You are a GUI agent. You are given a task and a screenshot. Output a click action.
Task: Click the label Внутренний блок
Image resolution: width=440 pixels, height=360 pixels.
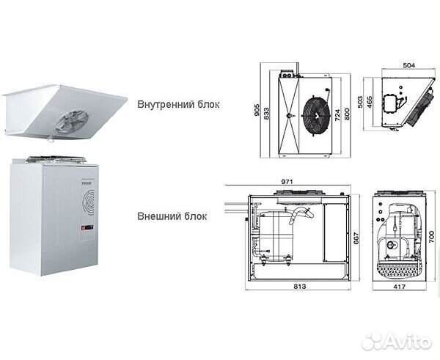coord(177,103)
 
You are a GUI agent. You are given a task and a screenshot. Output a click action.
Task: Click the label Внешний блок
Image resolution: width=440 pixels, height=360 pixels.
coord(171,216)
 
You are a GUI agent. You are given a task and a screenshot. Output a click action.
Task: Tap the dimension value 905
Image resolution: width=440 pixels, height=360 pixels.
coord(258,111)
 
